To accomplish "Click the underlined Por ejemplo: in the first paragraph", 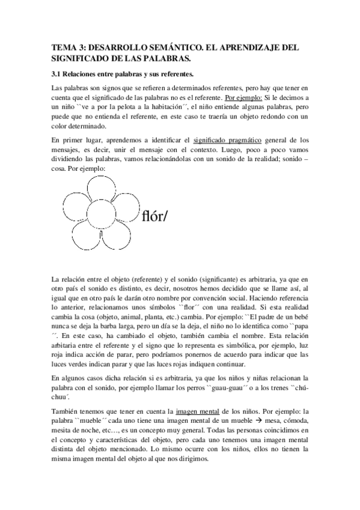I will (x=243, y=97).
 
